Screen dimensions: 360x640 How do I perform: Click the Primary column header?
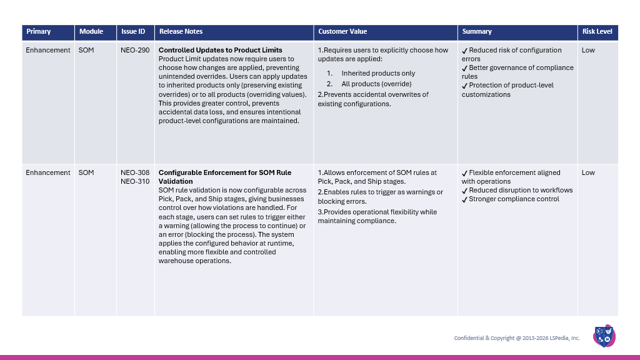[x=39, y=31]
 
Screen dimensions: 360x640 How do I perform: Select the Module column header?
[x=91, y=31]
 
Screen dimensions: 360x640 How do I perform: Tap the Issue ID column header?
[x=133, y=31]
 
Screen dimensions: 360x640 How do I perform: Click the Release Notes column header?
[x=181, y=31]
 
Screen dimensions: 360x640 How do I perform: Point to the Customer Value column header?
[x=342, y=31]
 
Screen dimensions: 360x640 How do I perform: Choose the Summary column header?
[x=477, y=31]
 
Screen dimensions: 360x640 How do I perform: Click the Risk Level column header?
[x=597, y=31]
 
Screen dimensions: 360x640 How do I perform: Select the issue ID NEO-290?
[x=134, y=50]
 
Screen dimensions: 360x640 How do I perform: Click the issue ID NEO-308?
[x=134, y=172]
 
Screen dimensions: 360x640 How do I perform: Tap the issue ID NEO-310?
[x=134, y=181]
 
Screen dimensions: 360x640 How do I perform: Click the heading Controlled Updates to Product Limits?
[x=220, y=50]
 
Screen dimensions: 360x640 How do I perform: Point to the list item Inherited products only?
[x=378, y=73]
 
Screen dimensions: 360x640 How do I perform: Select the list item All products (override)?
[x=376, y=84]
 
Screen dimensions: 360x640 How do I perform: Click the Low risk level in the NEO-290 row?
[x=588, y=50]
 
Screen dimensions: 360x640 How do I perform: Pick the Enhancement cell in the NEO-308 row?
[x=48, y=172]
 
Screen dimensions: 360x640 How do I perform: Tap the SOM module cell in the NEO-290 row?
[x=86, y=50]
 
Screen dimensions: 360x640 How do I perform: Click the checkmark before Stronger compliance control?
[x=464, y=199]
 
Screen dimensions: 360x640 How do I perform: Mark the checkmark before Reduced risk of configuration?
[x=464, y=51]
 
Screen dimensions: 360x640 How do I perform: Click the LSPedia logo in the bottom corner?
[x=604, y=336]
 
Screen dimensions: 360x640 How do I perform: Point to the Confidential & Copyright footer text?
[x=517, y=338]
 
